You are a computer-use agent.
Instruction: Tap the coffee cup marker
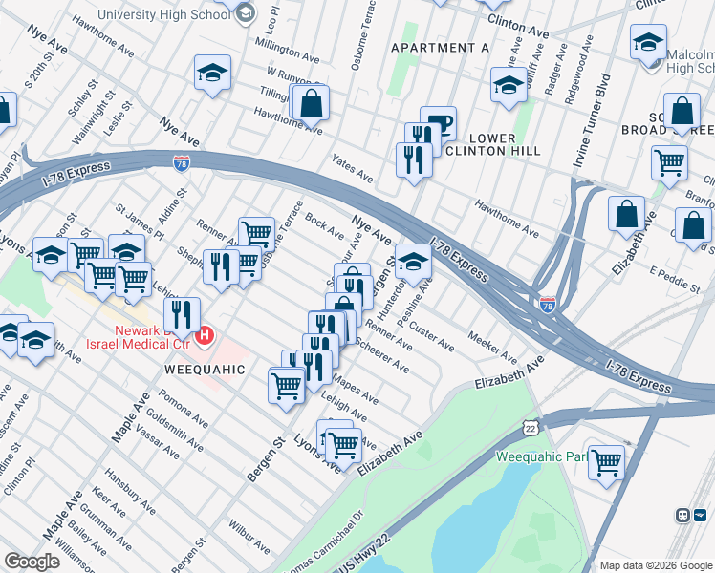click(438, 123)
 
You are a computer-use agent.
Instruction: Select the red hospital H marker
click(205, 337)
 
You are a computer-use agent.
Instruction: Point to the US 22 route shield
click(531, 427)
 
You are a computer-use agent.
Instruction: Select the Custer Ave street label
click(431, 335)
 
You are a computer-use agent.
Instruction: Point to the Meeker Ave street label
click(493, 348)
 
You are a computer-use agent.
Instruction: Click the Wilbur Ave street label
click(249, 535)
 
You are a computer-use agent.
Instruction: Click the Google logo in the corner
click(32, 562)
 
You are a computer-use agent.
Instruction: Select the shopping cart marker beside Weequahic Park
click(606, 462)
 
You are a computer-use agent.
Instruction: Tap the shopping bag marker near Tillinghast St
click(311, 102)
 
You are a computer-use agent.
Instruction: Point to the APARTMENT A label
click(440, 48)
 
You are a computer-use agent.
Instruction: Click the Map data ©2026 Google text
click(655, 565)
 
